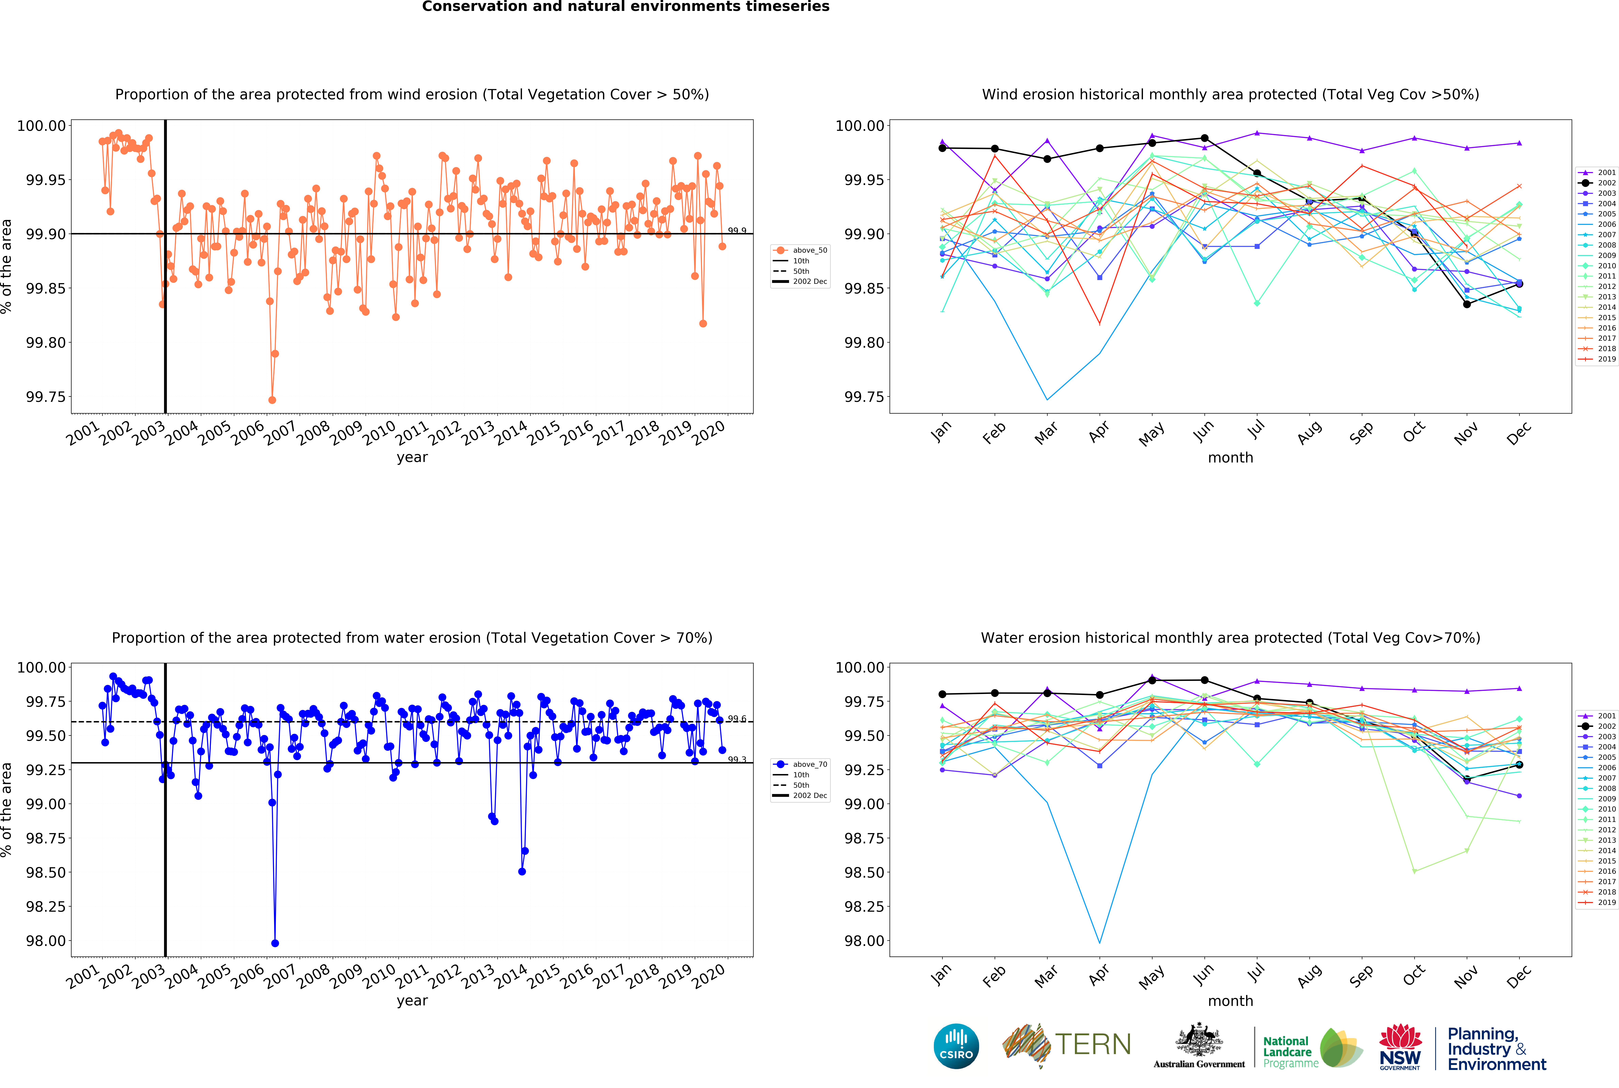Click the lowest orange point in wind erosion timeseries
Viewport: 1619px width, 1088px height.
coord(272,400)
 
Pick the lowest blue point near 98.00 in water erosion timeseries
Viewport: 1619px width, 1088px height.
coord(275,943)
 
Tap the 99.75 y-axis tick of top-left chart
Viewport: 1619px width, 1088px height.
coord(46,397)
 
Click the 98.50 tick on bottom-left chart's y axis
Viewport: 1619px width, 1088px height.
coord(46,872)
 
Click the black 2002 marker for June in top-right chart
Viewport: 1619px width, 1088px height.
coord(1204,138)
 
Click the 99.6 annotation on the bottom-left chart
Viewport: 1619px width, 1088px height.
coord(737,719)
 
